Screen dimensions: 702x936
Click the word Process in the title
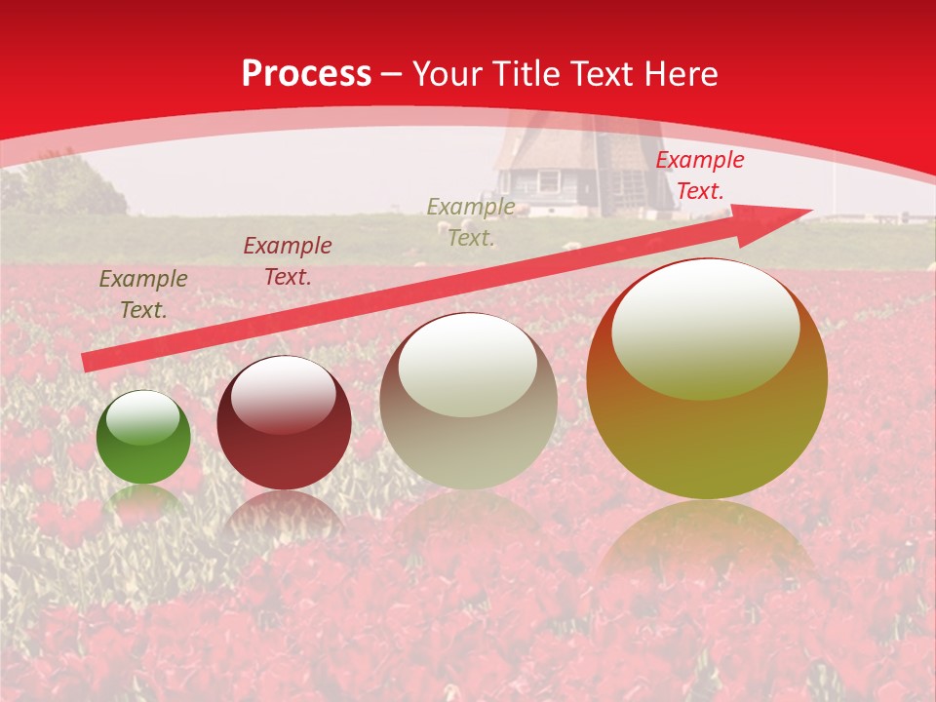pyautogui.click(x=306, y=74)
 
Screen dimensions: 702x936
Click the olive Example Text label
pyautogui.click(x=143, y=294)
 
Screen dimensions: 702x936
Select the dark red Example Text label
pyautogui.click(x=288, y=261)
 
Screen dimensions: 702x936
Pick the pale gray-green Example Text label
pyautogui.click(x=471, y=221)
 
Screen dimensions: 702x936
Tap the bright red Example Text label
pyautogui.click(x=699, y=175)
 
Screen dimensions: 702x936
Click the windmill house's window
pyautogui.click(x=550, y=181)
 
